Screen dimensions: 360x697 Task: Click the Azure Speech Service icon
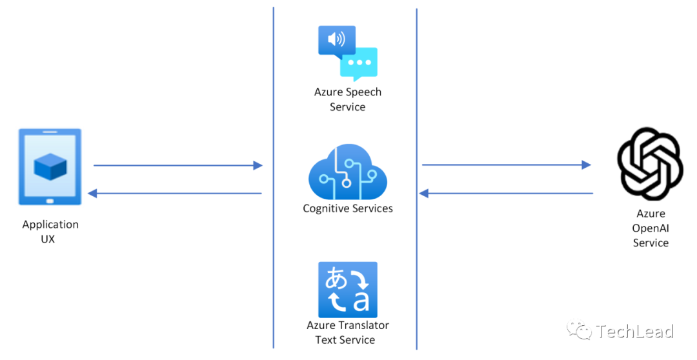(x=347, y=53)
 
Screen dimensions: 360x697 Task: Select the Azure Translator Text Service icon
(x=347, y=290)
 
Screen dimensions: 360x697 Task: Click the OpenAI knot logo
(x=650, y=164)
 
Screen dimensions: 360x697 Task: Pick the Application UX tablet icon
(x=50, y=167)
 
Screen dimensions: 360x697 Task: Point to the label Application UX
(x=50, y=232)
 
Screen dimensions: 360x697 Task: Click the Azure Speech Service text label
(x=347, y=99)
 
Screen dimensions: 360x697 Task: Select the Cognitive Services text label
(x=347, y=208)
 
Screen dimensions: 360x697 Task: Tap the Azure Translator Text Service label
(x=347, y=332)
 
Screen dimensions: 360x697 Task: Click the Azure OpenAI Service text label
(x=650, y=228)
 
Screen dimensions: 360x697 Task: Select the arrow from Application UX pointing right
(x=177, y=166)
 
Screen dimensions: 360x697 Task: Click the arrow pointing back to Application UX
(x=174, y=194)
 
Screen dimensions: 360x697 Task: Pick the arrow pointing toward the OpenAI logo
(x=506, y=165)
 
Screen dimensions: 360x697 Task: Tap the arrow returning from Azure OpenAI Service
(x=506, y=193)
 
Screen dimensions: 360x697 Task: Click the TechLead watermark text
(x=635, y=332)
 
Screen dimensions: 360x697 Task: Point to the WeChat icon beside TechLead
(x=579, y=331)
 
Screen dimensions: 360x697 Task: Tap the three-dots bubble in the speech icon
(x=359, y=63)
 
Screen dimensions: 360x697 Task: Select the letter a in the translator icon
(x=361, y=301)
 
